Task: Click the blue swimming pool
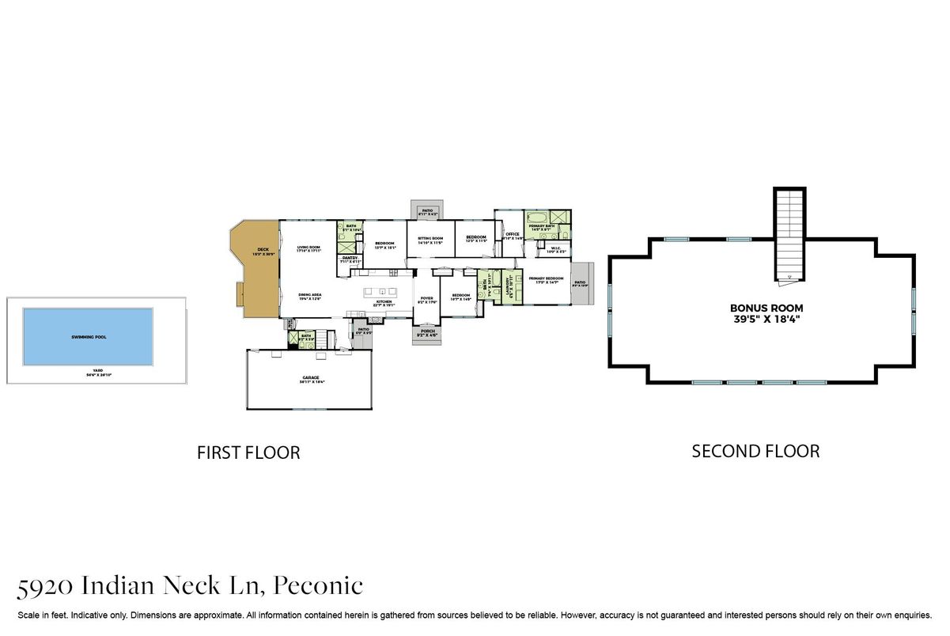(x=88, y=337)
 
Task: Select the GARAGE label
(x=309, y=379)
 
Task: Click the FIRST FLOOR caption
(x=248, y=453)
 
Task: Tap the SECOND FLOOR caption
(x=755, y=452)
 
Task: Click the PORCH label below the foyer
(x=427, y=332)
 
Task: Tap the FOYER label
(x=427, y=299)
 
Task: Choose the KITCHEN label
(x=384, y=302)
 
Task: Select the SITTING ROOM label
(x=430, y=239)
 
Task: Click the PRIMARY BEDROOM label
(x=546, y=279)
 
